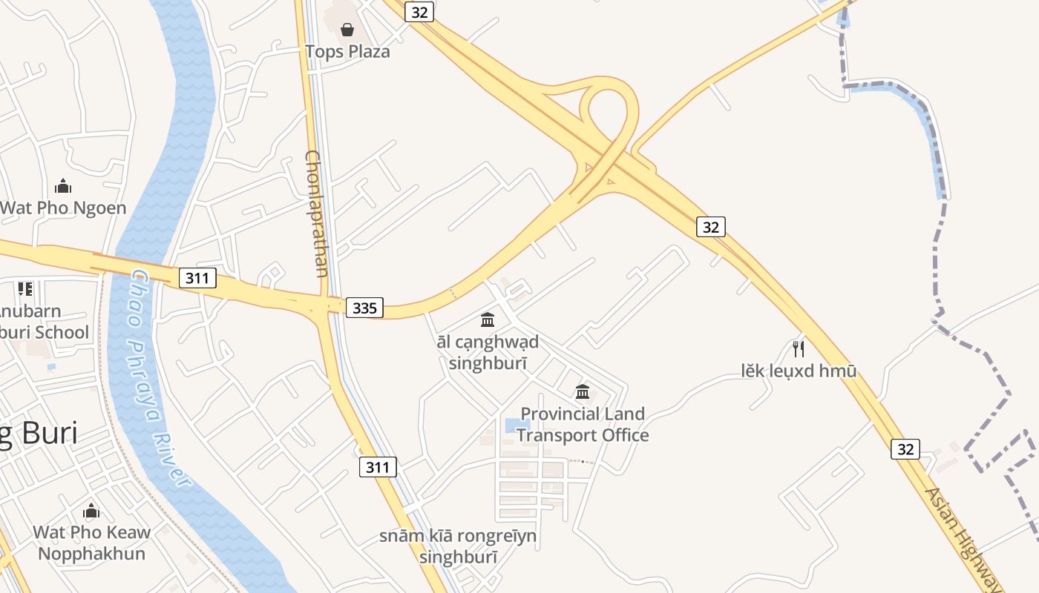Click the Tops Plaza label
click(347, 52)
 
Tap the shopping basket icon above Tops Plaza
click(347, 30)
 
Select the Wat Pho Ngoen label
click(64, 208)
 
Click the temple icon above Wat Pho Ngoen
click(63, 185)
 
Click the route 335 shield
click(364, 308)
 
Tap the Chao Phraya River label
click(160, 378)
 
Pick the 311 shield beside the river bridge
click(197, 278)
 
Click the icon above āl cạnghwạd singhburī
click(488, 319)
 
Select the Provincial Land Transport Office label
click(583, 424)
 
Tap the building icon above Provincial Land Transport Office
click(583, 391)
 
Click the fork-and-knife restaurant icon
click(799, 348)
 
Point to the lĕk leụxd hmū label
click(799, 371)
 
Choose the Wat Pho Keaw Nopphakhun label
click(92, 543)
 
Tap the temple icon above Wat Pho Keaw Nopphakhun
click(91, 511)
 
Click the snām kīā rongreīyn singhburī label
click(458, 546)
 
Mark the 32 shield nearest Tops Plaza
click(419, 12)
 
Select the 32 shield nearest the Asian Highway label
click(905, 448)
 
